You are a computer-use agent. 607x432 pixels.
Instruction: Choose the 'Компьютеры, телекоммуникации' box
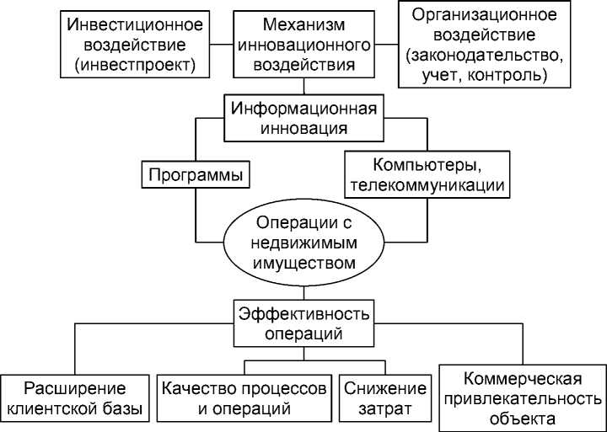[425, 174]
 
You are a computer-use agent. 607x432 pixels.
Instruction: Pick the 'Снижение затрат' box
[384, 399]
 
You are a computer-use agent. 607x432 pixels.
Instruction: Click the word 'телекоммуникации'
[426, 185]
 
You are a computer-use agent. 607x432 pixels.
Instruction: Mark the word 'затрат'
[384, 410]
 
